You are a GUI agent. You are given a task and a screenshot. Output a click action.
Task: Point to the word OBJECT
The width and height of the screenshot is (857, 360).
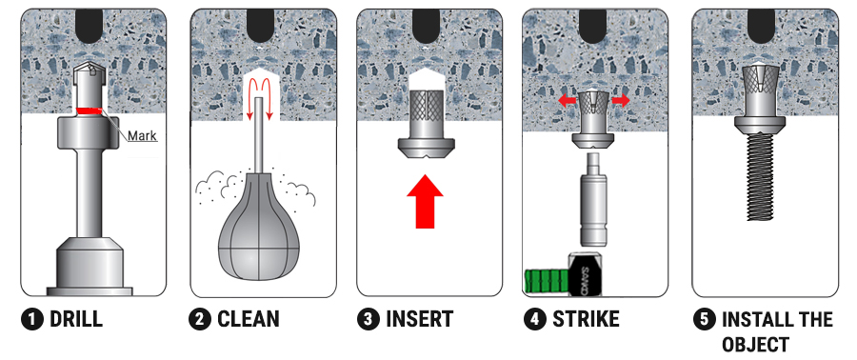756,345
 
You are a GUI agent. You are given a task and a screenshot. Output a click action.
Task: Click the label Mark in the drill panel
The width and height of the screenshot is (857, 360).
142,135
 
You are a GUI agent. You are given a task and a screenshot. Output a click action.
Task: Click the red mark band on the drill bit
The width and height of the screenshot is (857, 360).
89,110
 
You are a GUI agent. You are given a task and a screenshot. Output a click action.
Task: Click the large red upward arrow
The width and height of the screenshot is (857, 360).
426,201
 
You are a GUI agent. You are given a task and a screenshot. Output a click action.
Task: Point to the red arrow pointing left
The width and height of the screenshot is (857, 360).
568,101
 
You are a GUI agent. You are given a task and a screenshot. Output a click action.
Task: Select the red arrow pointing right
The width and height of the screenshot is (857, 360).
620,101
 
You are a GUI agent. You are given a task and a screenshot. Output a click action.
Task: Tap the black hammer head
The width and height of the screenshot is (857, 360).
586,274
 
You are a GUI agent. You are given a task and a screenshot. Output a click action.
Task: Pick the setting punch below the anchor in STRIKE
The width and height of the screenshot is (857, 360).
594,199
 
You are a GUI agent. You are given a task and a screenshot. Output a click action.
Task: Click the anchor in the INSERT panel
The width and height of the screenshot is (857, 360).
426,124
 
